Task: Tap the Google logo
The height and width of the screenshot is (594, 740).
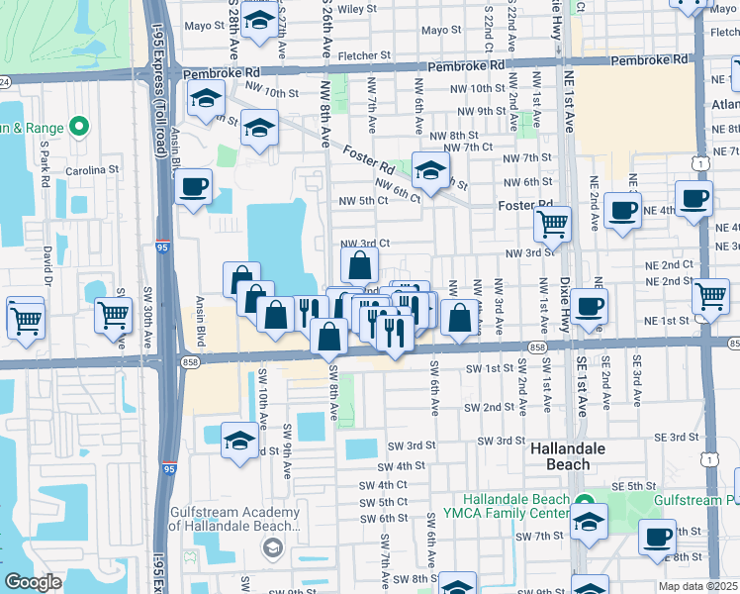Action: [x=33, y=582]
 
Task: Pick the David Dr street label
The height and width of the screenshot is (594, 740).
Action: [x=46, y=265]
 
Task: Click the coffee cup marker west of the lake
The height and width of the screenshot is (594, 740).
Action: [x=193, y=185]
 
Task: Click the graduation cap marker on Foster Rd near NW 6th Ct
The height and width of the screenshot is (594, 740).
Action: [x=430, y=171]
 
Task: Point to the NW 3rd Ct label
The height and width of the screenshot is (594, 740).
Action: [x=365, y=244]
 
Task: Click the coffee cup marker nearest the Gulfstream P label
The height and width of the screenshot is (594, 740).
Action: [x=657, y=537]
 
